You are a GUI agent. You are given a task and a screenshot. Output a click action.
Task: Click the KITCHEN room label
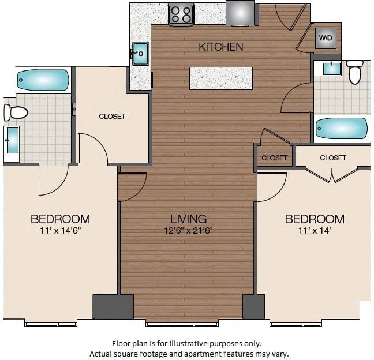221,47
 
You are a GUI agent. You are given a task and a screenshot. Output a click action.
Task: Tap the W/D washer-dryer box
326,38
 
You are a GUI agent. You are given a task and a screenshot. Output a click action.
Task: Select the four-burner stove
181,14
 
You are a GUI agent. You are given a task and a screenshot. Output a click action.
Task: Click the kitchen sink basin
140,54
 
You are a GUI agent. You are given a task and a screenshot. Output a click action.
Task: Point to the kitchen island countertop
221,78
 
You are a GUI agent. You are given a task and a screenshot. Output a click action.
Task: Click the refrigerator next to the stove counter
241,12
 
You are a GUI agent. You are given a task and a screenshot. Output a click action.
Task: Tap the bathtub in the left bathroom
43,80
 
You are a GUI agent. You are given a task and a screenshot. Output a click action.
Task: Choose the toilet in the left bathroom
16,112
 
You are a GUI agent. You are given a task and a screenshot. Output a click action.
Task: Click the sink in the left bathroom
12,140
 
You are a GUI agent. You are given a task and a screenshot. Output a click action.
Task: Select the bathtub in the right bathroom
342,129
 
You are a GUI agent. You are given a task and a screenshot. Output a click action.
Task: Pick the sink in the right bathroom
332,69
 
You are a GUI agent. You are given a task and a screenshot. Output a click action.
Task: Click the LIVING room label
188,219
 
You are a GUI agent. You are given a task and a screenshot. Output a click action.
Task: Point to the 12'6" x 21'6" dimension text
188,231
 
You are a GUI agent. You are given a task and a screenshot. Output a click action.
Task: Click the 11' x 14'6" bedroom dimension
61,231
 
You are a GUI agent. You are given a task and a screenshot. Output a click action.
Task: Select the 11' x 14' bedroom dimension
315,231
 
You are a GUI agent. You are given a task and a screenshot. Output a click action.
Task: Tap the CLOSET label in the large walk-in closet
112,117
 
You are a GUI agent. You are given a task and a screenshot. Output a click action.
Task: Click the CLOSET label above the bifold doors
333,158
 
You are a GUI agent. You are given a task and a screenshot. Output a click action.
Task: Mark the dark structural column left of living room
113,306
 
